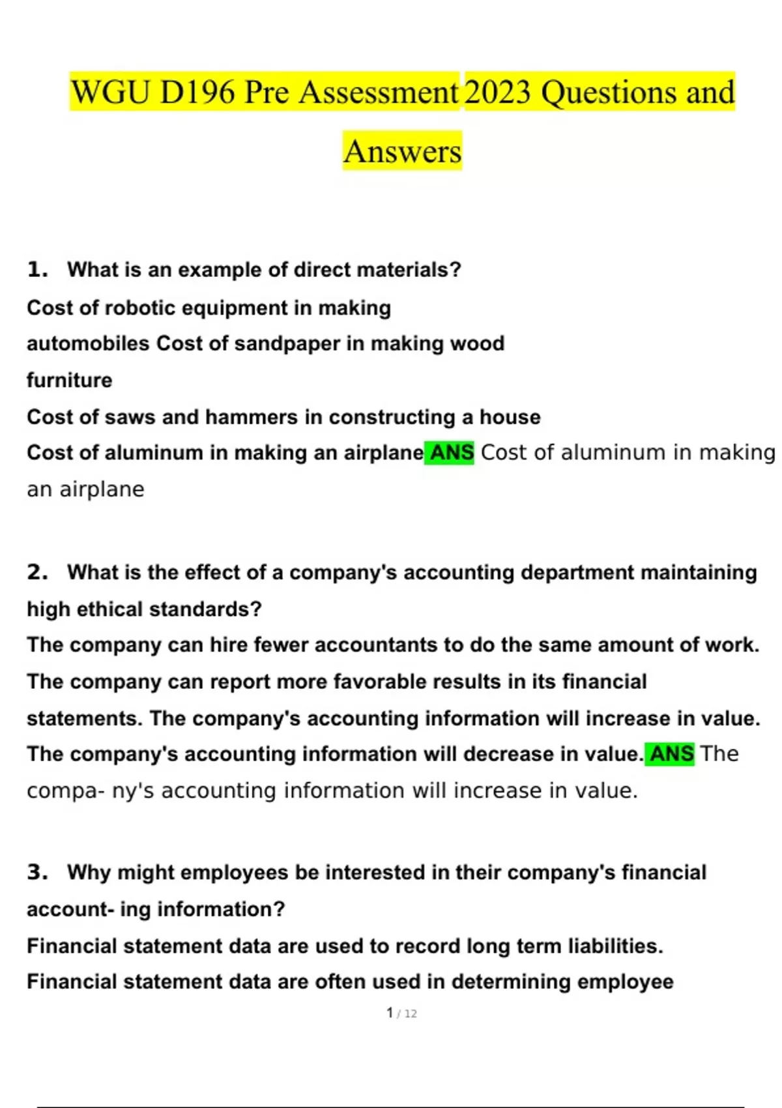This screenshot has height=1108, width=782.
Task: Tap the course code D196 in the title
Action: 197,92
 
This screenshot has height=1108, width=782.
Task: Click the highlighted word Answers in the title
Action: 402,151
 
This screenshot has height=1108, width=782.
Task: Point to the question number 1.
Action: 37,269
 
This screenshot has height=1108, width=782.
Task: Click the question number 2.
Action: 37,572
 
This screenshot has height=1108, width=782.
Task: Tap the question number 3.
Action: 37,872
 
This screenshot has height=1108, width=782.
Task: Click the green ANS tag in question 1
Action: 450,452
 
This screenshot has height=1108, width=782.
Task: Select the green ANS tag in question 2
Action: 671,754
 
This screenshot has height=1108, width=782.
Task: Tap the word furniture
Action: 70,380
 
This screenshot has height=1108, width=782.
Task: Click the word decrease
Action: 508,754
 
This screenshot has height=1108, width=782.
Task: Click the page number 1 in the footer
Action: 390,1013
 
